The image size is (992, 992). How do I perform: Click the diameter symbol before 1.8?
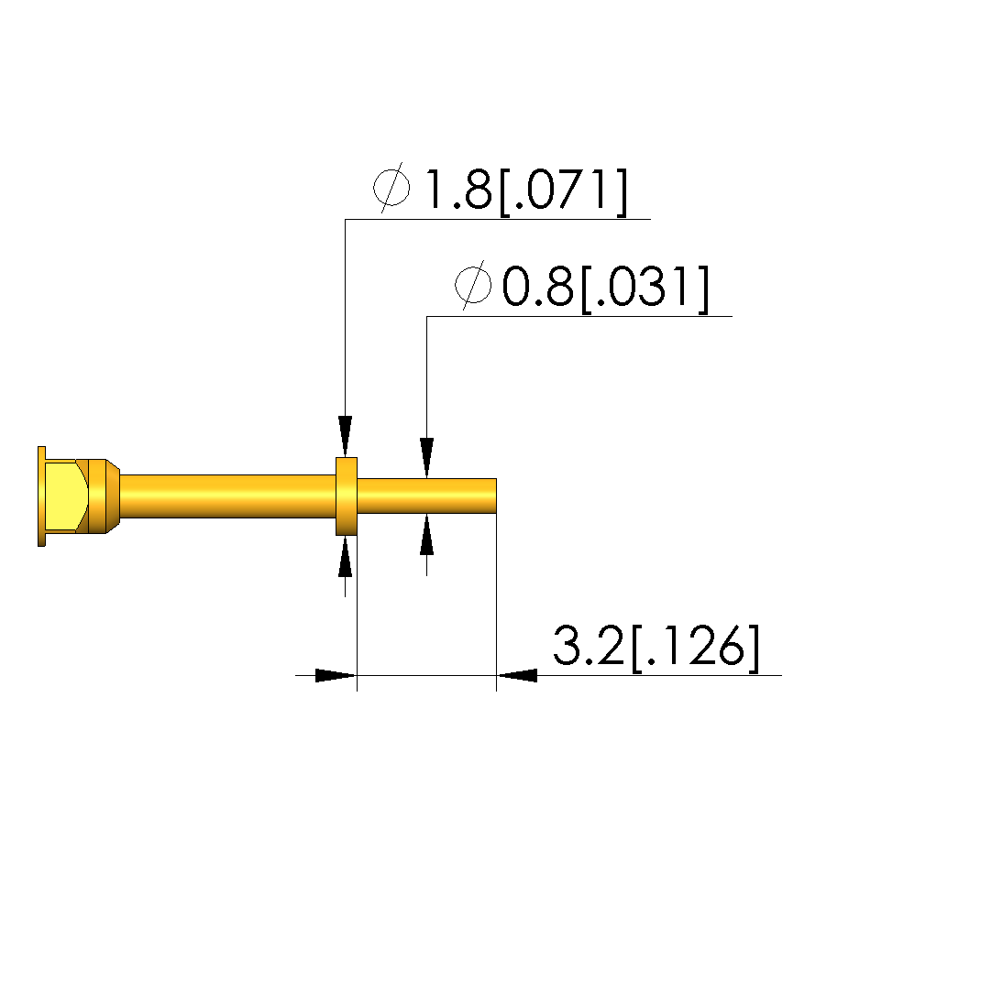coord(391,187)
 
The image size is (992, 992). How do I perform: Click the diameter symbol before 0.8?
coord(473,285)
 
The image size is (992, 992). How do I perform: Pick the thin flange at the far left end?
coord(42,496)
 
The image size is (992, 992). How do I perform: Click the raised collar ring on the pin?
coord(347,496)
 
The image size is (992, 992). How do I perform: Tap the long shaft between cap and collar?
coord(227,496)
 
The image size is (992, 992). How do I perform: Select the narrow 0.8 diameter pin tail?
coord(426,496)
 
